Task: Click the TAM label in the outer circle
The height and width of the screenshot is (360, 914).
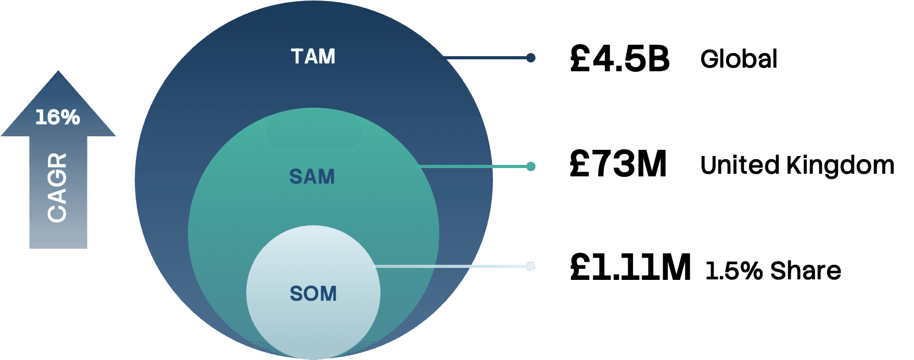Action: pyautogui.click(x=313, y=56)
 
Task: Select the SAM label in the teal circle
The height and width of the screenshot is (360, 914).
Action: pyautogui.click(x=312, y=177)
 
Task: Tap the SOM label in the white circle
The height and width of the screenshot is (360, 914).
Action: pyautogui.click(x=313, y=293)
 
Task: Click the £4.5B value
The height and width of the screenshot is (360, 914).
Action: pyautogui.click(x=619, y=58)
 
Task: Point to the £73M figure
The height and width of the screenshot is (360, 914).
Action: pyautogui.click(x=618, y=164)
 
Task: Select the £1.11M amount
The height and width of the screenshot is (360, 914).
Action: pyautogui.click(x=630, y=267)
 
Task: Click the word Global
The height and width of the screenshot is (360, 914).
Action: pyautogui.click(x=739, y=59)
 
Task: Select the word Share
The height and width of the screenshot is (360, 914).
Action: pyautogui.click(x=806, y=271)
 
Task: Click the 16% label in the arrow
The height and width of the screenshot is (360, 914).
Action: pyautogui.click(x=58, y=118)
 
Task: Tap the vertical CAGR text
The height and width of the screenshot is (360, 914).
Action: pyautogui.click(x=57, y=188)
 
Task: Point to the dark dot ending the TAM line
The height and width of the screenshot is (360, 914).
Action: pyautogui.click(x=530, y=58)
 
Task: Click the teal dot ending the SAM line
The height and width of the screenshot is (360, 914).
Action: pyautogui.click(x=530, y=166)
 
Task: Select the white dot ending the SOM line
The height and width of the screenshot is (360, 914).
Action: pyautogui.click(x=530, y=266)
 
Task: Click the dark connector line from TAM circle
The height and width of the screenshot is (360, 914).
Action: pyautogui.click(x=487, y=58)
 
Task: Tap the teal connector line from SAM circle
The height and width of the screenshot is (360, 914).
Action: pyautogui.click(x=474, y=166)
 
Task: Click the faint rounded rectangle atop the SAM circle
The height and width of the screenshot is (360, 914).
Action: pyautogui.click(x=313, y=132)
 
